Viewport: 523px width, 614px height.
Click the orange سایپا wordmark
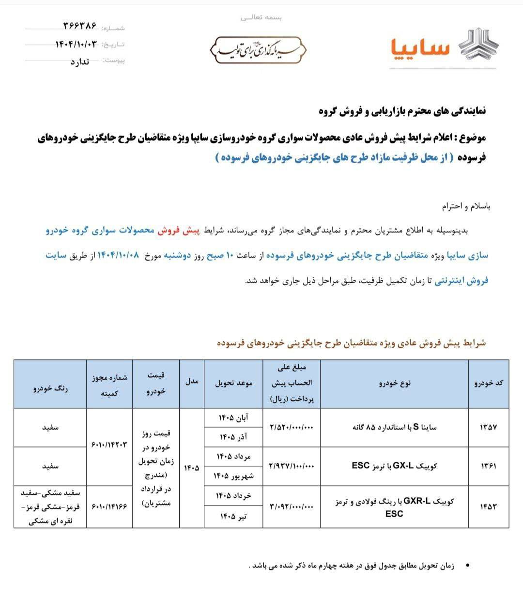[420, 47]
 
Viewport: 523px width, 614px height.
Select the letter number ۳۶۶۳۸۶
[79, 25]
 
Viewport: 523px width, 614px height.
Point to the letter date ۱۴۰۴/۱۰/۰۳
[76, 44]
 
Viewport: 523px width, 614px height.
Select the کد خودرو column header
[488, 383]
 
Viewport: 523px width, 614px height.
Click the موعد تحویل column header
[233, 383]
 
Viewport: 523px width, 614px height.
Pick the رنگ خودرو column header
[50, 388]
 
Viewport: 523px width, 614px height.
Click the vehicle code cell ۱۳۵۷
[488, 428]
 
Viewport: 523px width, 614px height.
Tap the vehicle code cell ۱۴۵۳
[488, 507]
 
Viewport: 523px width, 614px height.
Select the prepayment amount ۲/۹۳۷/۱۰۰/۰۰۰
[291, 466]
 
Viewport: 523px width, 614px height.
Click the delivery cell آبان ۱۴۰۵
[233, 417]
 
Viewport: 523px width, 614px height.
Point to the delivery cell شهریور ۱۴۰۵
[233, 476]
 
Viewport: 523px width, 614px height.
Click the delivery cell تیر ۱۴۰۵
[233, 517]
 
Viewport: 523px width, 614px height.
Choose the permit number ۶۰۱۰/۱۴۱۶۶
[109, 507]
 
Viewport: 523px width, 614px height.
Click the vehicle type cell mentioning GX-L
[394, 466]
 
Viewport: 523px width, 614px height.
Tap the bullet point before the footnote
[467, 566]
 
